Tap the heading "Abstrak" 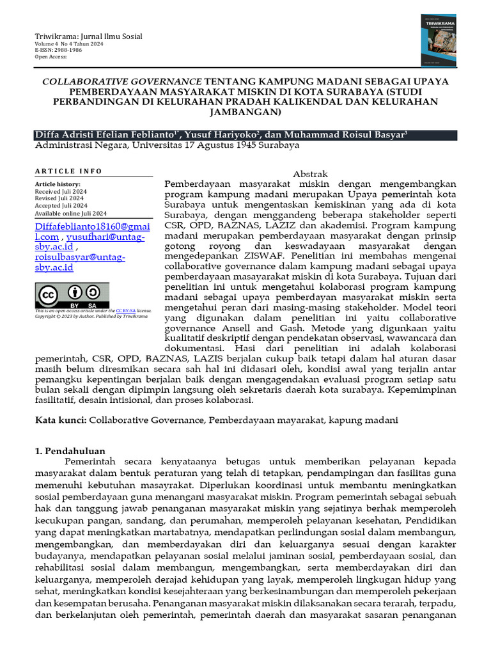click(310, 174)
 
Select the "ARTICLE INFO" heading click(68, 171)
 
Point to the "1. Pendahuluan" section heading click(70, 451)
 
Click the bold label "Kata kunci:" click(60, 420)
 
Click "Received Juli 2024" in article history click(61, 191)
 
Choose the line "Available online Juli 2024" click(70, 213)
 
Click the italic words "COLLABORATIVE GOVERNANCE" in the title click(122, 82)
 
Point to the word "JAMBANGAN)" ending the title click(245, 113)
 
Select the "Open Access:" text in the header click(51, 57)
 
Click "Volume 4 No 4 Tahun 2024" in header click(70, 44)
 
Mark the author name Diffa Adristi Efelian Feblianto click(105, 135)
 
